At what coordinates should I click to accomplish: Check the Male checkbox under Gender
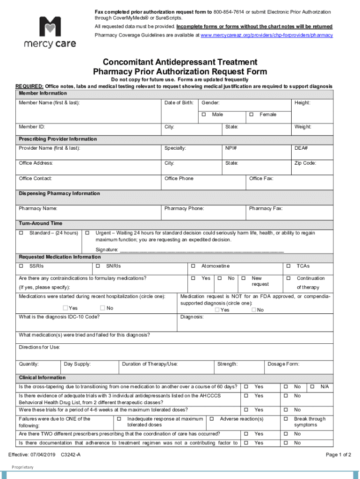pos(204,115)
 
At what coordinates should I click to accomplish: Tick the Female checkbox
pos(252,115)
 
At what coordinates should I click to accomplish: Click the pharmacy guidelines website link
pos(266,35)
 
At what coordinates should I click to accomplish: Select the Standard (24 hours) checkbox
pos(21,233)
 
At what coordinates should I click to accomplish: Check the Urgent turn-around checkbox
pos(87,233)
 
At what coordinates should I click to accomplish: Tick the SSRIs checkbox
pos(21,266)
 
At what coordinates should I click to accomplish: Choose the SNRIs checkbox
pos(98,266)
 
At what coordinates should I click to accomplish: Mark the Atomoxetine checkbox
pos(193,266)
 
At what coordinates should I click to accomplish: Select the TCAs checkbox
pos(288,266)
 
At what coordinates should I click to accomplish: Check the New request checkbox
pos(243,278)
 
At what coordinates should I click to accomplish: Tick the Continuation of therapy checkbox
pos(288,278)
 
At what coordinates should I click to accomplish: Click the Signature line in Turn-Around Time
pos(201,250)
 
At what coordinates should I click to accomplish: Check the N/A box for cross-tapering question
pos(311,387)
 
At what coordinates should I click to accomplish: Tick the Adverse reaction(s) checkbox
pos(212,419)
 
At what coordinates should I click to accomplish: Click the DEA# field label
pos(301,148)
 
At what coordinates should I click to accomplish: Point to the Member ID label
pos(32,127)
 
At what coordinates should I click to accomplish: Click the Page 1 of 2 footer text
pos(338,455)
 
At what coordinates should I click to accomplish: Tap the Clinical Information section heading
pos(42,377)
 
